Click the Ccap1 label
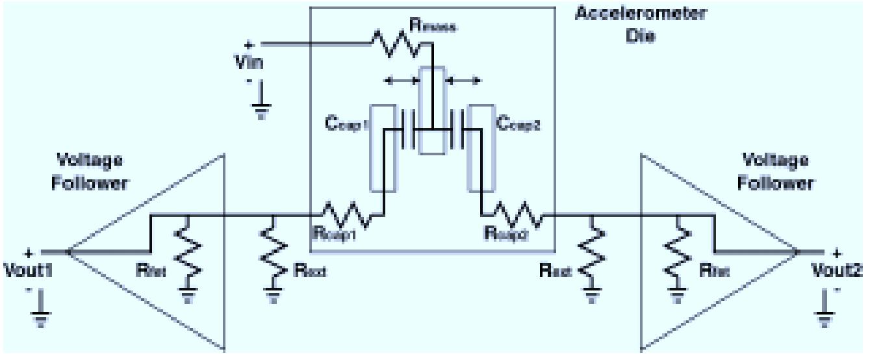(348, 123)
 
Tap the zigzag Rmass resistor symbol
(395, 45)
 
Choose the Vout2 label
(841, 272)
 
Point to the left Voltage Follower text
(90, 172)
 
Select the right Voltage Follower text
(775, 172)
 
